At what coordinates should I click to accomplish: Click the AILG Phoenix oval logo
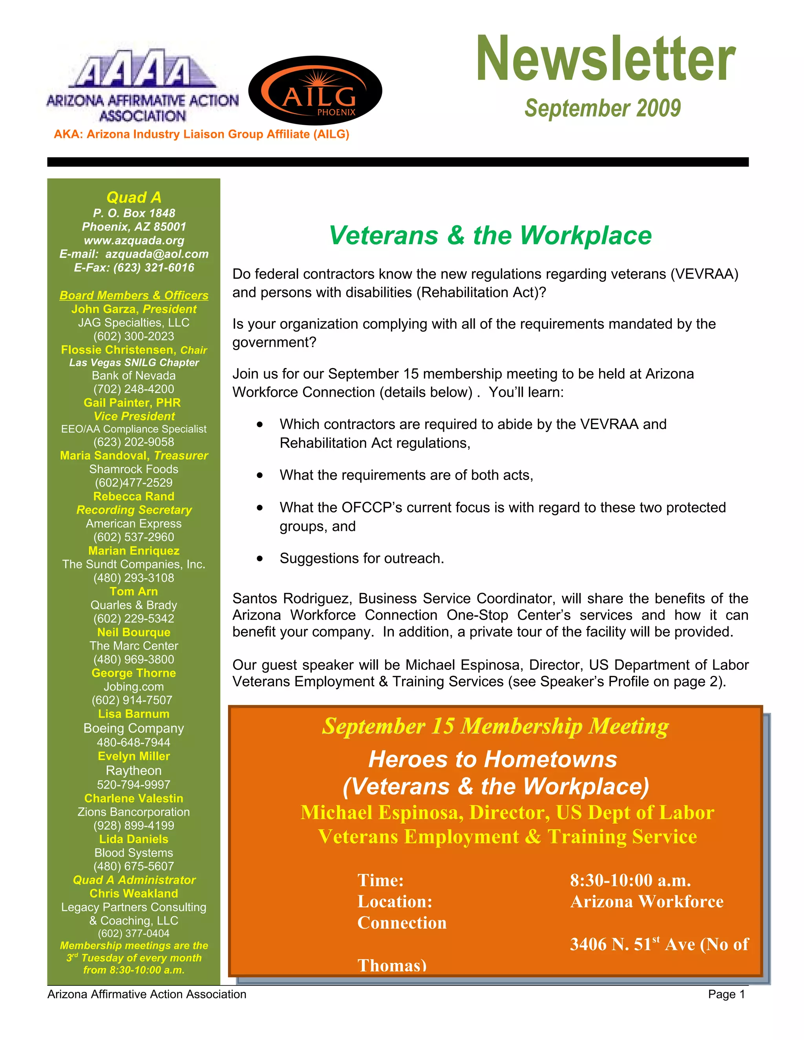tap(315, 91)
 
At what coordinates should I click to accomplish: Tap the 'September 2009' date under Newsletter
tap(603, 108)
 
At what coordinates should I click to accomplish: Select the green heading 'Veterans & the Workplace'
tap(490, 235)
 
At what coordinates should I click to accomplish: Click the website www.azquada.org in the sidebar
tap(134, 241)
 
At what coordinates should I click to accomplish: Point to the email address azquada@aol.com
tap(157, 254)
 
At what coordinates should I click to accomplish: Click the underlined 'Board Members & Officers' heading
tap(134, 295)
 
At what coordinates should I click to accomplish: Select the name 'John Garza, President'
tap(134, 309)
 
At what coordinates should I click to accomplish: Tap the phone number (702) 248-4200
tap(134, 389)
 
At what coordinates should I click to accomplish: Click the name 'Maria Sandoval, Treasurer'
tap(134, 456)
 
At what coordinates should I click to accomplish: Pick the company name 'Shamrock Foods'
tap(134, 469)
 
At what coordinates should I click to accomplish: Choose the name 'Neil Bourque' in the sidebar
tap(134, 632)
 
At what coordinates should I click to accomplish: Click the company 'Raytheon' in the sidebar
tap(134, 770)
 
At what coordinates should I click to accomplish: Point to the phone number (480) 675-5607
tap(134, 866)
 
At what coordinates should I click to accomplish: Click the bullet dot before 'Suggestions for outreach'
tap(259, 559)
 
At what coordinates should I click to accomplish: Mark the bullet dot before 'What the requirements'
tap(259, 476)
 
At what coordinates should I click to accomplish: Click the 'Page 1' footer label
tap(726, 994)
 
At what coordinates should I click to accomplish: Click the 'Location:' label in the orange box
tap(395, 902)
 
